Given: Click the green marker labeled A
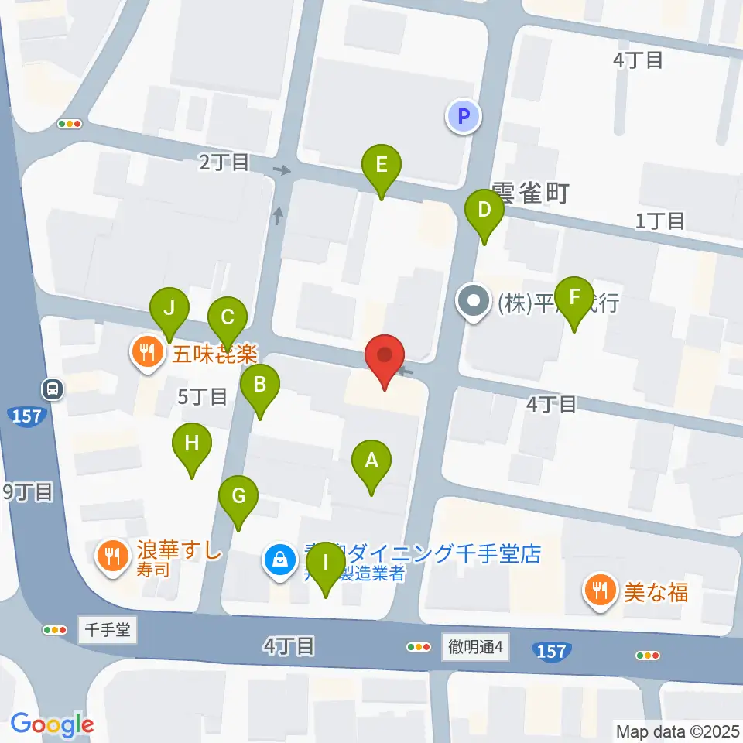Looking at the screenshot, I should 371,462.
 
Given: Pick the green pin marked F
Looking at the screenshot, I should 574,299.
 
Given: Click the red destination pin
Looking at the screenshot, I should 385,358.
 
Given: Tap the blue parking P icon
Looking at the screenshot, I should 464,117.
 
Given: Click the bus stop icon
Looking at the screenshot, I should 53,389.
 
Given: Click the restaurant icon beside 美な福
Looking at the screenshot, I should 599,591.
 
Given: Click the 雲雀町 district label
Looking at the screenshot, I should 530,193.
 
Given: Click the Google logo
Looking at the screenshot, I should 52,724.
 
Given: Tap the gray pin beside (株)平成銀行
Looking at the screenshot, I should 473,301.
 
